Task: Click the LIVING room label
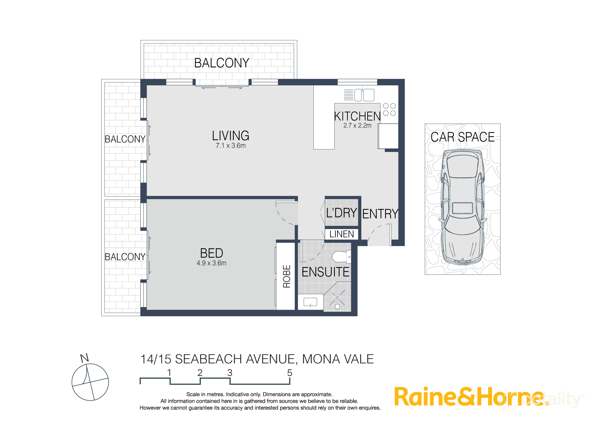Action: pos(231,136)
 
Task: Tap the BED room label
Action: pos(211,253)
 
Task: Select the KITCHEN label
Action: pos(357,116)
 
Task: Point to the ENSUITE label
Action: pos(325,272)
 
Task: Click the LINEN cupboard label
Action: pos(341,234)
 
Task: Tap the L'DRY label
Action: pos(341,213)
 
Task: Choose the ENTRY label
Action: pos(380,214)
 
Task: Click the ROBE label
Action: pos(287,276)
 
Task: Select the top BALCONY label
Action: pos(222,63)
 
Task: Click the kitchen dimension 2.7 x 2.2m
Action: pos(357,125)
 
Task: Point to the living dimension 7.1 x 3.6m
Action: pos(231,146)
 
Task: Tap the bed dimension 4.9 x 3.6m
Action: pos(211,263)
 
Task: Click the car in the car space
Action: pos(462,207)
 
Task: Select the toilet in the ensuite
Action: pos(341,257)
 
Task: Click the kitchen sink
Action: pos(364,95)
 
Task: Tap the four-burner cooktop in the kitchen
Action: pos(389,109)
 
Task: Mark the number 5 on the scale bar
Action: pos(290,373)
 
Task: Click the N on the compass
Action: pos(84,358)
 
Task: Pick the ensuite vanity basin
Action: pos(310,302)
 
